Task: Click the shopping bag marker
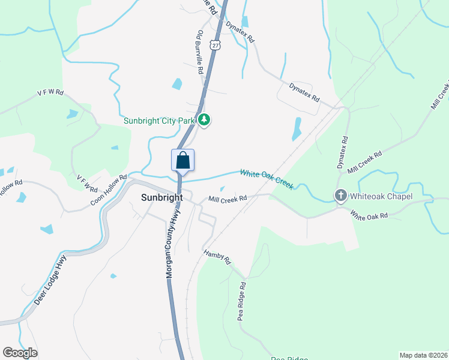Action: (x=183, y=161)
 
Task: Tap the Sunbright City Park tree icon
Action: (x=205, y=120)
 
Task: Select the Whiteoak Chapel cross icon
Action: (x=340, y=196)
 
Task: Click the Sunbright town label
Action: (x=161, y=197)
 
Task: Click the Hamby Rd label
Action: (x=217, y=257)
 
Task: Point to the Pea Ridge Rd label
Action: (x=241, y=303)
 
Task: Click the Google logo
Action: (x=20, y=353)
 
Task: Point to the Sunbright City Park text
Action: (x=160, y=120)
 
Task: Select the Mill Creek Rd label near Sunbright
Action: (x=228, y=199)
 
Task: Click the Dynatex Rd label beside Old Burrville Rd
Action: (x=240, y=31)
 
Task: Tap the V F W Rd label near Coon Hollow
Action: (x=88, y=182)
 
